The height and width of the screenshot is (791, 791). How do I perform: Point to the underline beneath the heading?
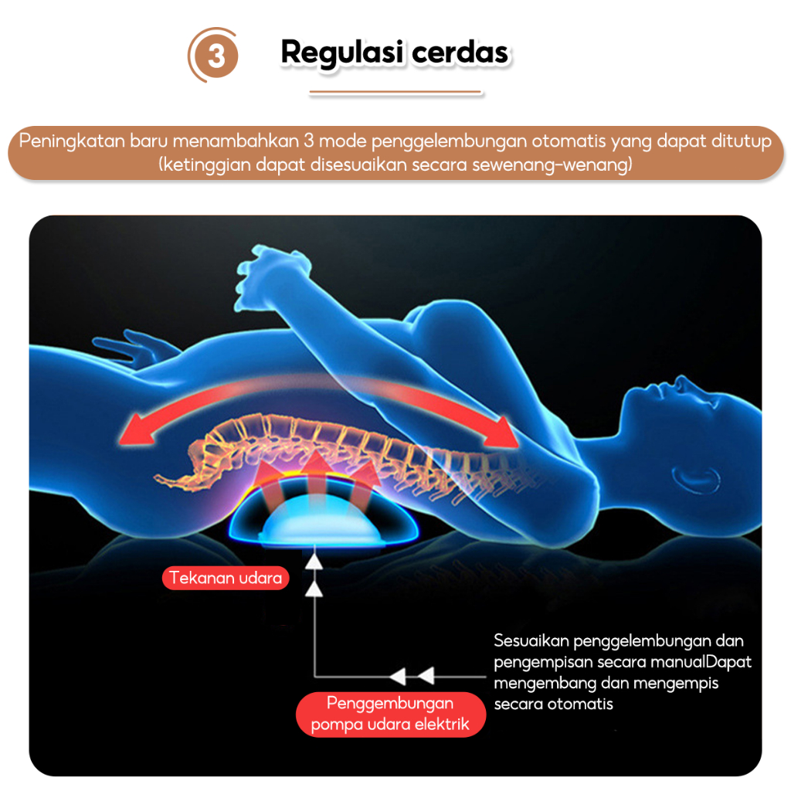(x=395, y=93)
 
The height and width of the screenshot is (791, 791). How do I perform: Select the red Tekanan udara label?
(x=226, y=579)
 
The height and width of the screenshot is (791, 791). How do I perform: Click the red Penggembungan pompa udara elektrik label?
(x=390, y=714)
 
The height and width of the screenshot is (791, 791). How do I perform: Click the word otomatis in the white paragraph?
(x=579, y=704)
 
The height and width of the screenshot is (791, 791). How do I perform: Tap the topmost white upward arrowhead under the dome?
(x=314, y=562)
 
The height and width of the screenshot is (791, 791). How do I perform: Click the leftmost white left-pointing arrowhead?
(x=398, y=677)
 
